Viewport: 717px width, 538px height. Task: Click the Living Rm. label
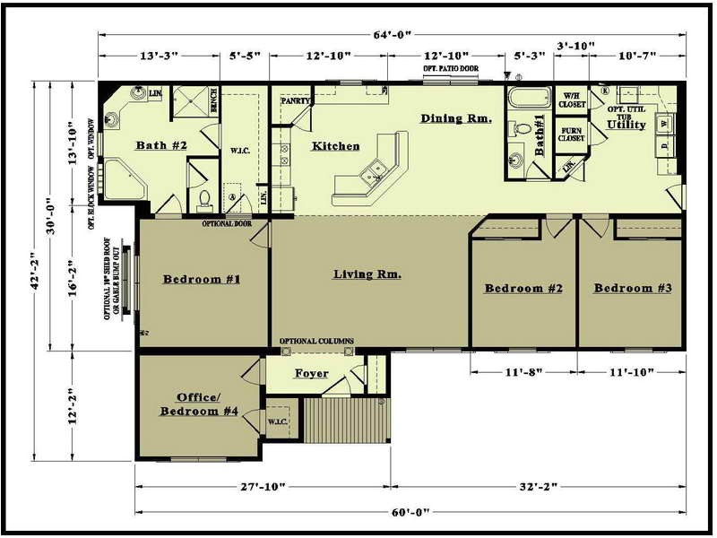367,273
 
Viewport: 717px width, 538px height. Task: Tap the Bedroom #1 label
202,279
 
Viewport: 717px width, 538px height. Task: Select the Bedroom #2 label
523,288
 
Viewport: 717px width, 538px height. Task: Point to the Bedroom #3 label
633,288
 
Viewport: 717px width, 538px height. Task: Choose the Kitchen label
335,146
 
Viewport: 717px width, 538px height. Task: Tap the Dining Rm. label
455,118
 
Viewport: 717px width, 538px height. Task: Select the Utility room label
626,125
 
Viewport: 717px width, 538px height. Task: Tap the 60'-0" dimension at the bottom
409,511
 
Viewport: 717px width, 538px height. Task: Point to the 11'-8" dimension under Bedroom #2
523,370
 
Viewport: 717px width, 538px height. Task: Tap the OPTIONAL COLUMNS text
316,342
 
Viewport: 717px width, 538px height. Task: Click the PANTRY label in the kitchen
295,101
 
